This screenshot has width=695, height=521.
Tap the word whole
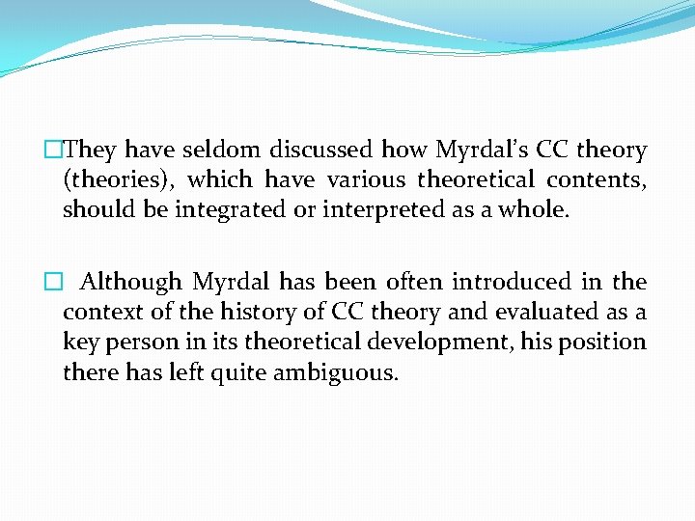point(535,209)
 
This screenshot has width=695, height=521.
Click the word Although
point(130,282)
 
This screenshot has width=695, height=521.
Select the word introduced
point(496,282)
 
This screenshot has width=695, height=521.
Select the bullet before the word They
point(54,151)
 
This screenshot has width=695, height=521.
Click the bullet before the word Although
point(54,283)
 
